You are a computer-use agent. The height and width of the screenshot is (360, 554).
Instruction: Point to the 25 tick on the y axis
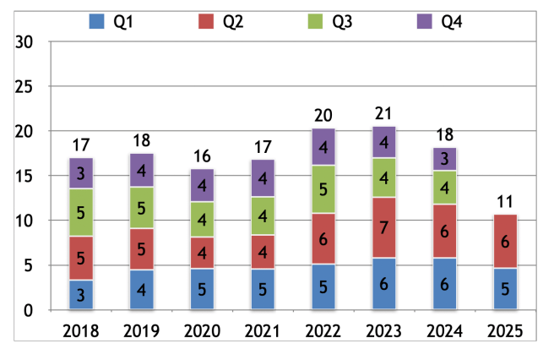24,87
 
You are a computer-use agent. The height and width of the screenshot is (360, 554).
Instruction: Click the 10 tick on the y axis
24,221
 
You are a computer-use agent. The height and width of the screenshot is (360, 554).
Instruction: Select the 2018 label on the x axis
81,330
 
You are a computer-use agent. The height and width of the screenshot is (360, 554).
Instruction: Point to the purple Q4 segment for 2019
143,171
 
